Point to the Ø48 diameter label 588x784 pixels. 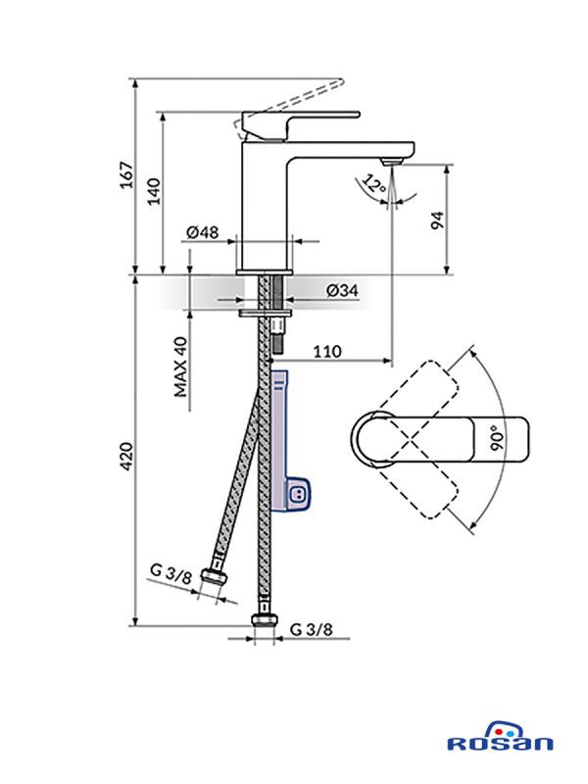(x=202, y=231)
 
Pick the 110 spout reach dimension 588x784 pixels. (x=326, y=351)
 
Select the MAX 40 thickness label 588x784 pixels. (x=180, y=367)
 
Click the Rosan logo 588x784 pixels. (x=499, y=743)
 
